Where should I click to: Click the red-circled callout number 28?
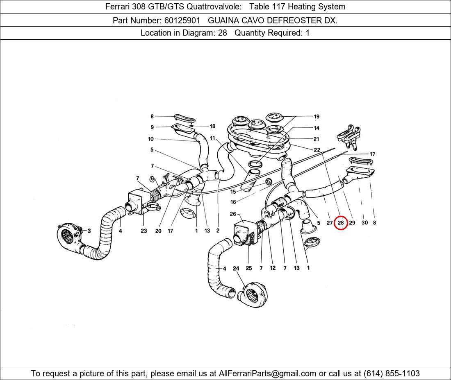click(x=341, y=223)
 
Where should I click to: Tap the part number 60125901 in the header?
click(x=182, y=20)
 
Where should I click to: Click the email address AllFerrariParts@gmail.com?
click(x=267, y=373)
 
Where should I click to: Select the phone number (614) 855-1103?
click(x=392, y=373)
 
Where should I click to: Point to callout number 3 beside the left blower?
click(x=89, y=231)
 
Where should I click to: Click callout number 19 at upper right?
click(x=317, y=117)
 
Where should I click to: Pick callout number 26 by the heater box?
click(x=233, y=214)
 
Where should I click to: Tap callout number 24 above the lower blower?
click(x=236, y=268)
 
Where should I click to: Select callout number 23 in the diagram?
click(x=144, y=231)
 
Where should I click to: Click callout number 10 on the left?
click(x=151, y=139)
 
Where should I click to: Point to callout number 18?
click(x=212, y=127)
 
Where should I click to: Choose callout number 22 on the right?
click(x=317, y=150)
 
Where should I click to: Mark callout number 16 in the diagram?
click(x=233, y=202)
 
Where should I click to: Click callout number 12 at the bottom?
click(x=273, y=268)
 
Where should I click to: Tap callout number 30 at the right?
click(x=365, y=222)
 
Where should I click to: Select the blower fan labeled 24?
click(x=253, y=294)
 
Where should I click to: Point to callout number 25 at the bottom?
click(x=249, y=268)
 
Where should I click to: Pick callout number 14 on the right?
click(x=317, y=128)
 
